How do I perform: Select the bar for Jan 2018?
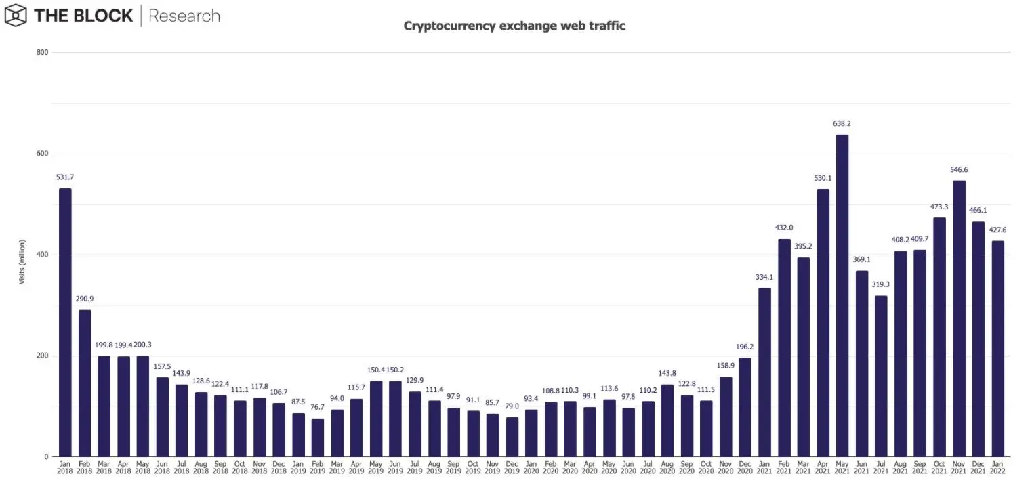(x=65, y=322)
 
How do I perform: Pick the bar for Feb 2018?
(x=85, y=383)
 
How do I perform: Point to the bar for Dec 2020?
(x=745, y=407)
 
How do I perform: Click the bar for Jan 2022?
(x=997, y=349)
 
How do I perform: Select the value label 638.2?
(x=842, y=124)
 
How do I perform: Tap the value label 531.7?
(x=65, y=177)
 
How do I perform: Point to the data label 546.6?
(x=959, y=170)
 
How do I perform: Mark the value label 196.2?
(x=745, y=347)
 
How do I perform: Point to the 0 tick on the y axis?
(x=45, y=457)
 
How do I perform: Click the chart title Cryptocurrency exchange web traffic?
(x=514, y=26)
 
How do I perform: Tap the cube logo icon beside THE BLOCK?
(x=15, y=15)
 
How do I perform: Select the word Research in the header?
(x=184, y=16)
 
